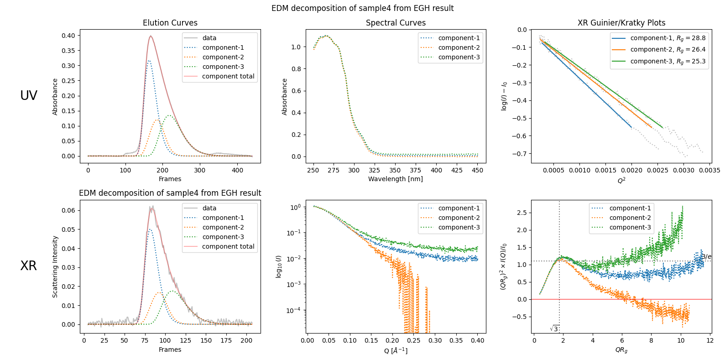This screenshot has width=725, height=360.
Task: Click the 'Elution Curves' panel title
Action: tap(170, 23)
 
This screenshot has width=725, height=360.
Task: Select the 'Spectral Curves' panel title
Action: tap(396, 23)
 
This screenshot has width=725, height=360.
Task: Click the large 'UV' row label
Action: tap(29, 95)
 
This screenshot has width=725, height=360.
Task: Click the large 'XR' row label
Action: tap(28, 266)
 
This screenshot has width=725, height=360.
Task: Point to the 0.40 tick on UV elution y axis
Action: tap(68, 36)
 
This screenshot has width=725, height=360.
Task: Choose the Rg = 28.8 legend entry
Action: tap(668, 38)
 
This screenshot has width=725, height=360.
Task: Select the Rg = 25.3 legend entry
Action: tap(668, 61)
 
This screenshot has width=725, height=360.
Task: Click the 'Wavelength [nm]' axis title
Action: tap(396, 179)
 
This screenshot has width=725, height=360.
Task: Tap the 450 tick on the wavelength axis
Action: tap(477, 170)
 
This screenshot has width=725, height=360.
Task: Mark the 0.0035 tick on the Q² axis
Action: tap(709, 170)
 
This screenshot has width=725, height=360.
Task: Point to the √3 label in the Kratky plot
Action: tap(554, 329)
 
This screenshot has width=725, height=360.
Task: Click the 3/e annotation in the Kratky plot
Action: tap(706, 257)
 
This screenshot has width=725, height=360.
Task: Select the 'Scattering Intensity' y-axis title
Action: tap(55, 266)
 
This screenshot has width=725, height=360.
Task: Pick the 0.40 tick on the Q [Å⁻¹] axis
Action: tap(477, 340)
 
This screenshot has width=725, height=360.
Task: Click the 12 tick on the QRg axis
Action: tap(709, 340)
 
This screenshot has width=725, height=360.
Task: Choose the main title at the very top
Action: tap(362, 8)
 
